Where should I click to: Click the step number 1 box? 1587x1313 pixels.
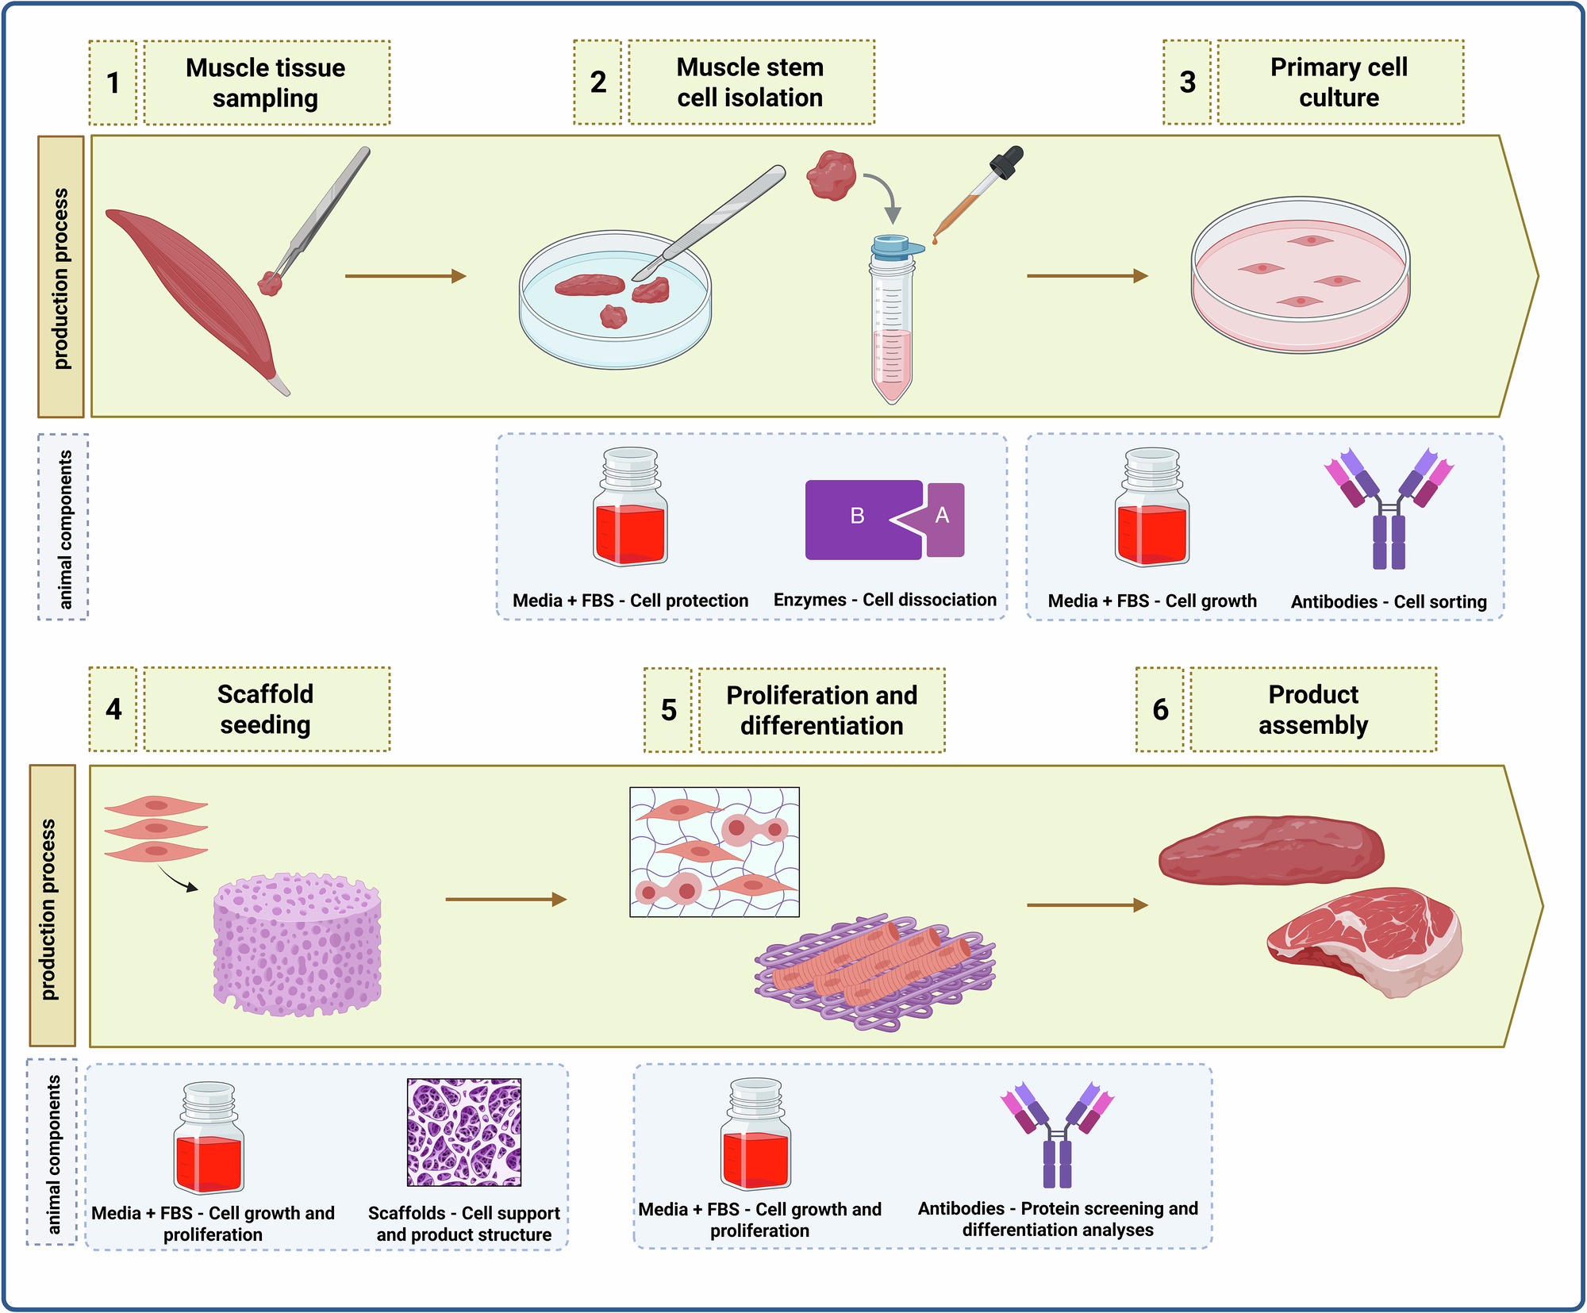point(113,83)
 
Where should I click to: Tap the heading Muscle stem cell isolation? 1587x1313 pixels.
point(750,83)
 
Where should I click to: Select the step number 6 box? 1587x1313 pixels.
point(1159,709)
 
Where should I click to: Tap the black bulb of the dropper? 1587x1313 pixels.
point(1005,162)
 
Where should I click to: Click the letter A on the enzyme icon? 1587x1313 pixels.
point(943,516)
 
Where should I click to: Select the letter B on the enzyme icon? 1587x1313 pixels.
point(857,516)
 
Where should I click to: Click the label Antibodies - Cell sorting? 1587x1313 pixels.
point(1389,601)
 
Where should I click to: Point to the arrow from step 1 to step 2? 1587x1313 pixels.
point(405,276)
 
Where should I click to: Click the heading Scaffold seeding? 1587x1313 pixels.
point(266,709)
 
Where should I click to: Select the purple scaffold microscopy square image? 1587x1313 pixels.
point(464,1132)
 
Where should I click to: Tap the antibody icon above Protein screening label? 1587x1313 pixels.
point(1057,1134)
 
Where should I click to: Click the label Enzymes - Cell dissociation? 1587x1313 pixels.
point(885,600)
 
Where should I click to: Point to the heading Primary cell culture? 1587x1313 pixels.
point(1339,83)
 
